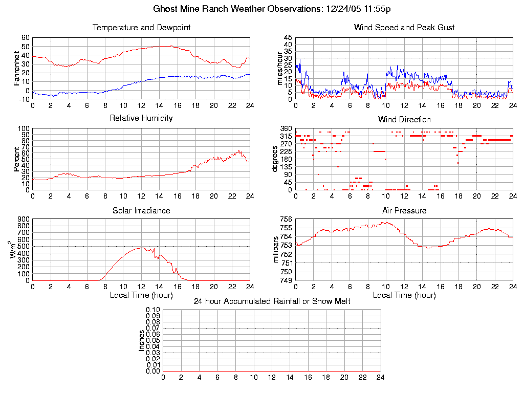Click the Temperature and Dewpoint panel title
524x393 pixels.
coord(141,28)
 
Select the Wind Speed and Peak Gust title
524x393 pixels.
coord(404,28)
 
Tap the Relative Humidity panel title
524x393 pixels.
coord(141,118)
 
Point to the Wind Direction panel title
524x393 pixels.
coord(404,120)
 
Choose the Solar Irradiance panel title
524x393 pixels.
coord(141,211)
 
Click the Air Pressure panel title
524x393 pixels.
coord(404,211)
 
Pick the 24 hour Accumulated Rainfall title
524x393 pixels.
coord(272,301)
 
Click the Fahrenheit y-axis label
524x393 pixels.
coord(17,68)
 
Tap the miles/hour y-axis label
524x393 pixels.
coord(280,69)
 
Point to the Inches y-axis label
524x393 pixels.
coord(142,340)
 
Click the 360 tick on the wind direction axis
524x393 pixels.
coord(285,128)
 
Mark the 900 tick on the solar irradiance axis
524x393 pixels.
coord(23,219)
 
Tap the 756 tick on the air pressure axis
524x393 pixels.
coord(286,219)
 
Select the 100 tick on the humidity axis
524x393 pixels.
coord(23,128)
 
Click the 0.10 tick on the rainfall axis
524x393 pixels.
coord(153,310)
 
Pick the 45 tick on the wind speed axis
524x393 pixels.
coord(288,37)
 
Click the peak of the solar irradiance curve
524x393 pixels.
coord(142,248)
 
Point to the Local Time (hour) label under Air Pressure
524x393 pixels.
coord(404,295)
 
